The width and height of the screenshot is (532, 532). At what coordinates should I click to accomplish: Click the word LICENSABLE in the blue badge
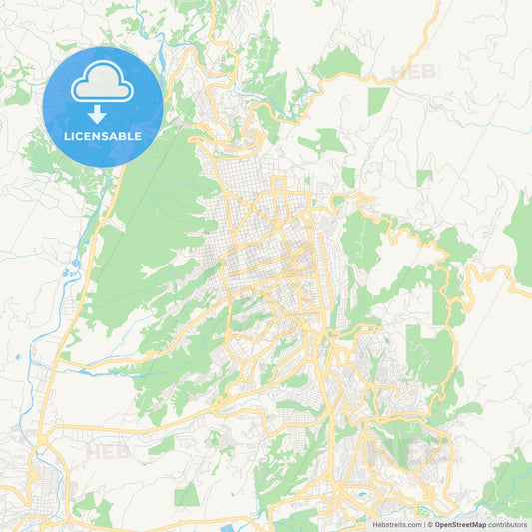tap(104, 135)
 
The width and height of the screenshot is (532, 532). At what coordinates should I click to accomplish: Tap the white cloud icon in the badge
tap(104, 84)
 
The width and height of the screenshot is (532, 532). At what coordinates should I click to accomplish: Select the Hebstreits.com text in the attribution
tap(398, 524)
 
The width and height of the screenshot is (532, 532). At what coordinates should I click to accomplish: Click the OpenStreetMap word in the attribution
tap(460, 524)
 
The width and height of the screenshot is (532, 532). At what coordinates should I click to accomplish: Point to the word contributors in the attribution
tap(508, 524)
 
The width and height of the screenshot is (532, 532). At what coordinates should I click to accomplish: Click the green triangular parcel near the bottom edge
tap(187, 495)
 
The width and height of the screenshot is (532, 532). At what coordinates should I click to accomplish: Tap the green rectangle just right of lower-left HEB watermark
tap(160, 445)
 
